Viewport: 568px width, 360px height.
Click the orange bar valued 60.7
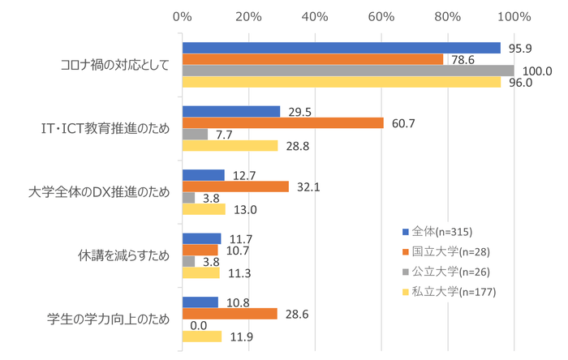click(x=282, y=122)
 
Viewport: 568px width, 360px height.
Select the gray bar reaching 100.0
click(x=348, y=71)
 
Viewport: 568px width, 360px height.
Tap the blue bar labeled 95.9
click(x=342, y=47)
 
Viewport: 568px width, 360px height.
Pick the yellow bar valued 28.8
click(x=230, y=146)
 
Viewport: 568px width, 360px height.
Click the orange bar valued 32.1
click(x=235, y=186)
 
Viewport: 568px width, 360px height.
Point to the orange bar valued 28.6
click(x=230, y=313)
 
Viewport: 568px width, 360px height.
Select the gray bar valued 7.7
click(x=195, y=134)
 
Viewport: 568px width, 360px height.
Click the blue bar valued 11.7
click(x=201, y=238)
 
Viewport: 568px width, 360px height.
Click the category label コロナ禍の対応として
click(x=116, y=65)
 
